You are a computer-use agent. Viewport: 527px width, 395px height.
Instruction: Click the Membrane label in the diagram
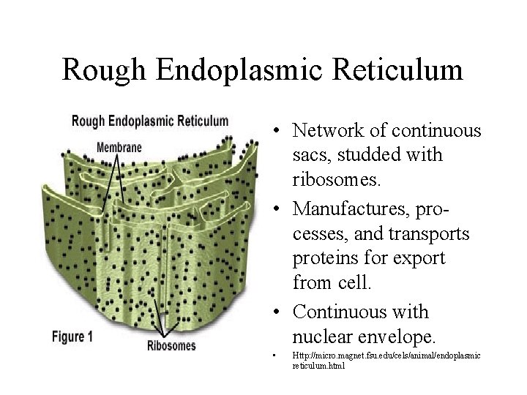point(119,147)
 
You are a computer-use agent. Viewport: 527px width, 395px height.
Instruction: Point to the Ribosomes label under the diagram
point(171,345)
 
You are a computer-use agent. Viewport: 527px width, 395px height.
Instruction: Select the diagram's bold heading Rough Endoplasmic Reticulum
point(150,121)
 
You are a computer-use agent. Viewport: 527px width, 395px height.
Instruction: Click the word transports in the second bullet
point(430,233)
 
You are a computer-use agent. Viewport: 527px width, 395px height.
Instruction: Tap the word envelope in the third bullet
point(398,336)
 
